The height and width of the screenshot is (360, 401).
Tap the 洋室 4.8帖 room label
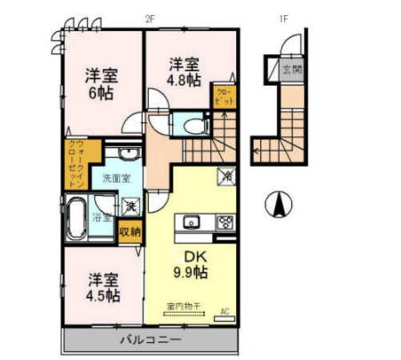pos(184,72)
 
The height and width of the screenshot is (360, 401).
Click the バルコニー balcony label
pos(150,341)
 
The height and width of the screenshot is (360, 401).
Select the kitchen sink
pos(190,222)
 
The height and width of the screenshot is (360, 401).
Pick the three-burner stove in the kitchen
pos(224,222)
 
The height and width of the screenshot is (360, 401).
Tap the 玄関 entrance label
pos(291,69)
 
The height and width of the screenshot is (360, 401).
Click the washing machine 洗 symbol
pos(132,203)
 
